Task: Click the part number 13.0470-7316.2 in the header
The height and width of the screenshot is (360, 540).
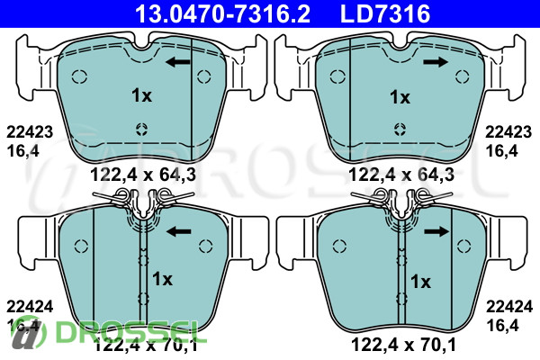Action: (222, 13)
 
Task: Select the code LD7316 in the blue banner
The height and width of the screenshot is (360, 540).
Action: (385, 13)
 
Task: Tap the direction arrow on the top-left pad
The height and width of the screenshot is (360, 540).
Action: (177, 62)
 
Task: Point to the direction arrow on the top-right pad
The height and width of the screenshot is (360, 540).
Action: (436, 62)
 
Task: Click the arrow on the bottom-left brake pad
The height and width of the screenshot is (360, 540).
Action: (179, 231)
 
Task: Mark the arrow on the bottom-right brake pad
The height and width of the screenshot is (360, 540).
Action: (436, 231)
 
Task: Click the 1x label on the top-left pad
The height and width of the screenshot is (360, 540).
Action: (141, 95)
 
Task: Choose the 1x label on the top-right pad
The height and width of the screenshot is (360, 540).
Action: (400, 97)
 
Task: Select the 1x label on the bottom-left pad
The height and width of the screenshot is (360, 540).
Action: (162, 279)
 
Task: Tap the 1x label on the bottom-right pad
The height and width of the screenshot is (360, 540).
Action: (420, 282)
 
